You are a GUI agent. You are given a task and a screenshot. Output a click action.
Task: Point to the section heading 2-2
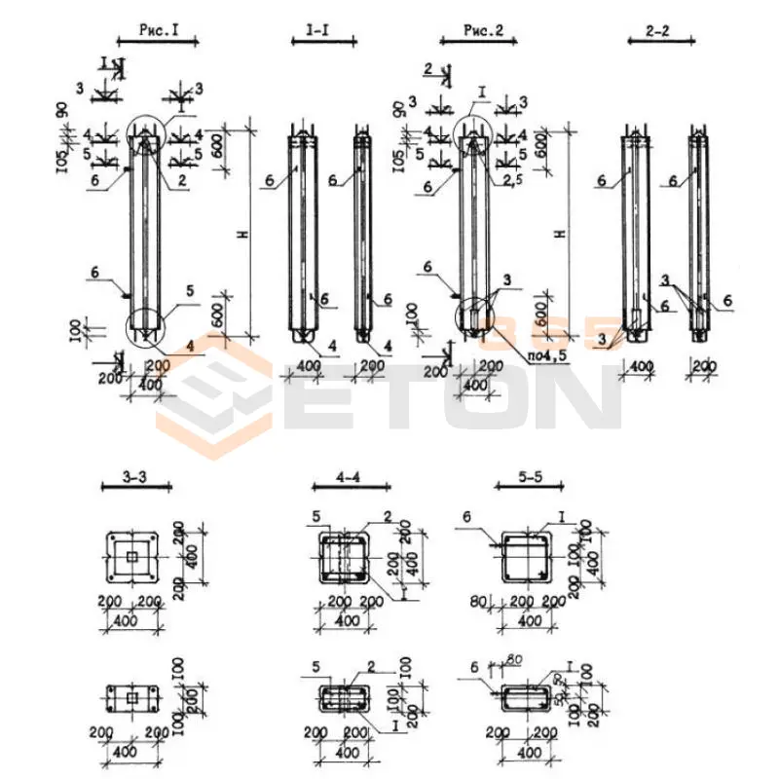[x=658, y=32]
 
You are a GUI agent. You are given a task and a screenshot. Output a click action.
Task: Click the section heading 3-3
[x=135, y=478]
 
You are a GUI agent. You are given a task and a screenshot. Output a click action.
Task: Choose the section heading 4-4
[x=350, y=478]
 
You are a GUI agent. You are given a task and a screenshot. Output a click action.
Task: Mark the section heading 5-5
[x=530, y=478]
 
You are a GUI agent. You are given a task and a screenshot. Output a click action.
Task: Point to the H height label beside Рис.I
[x=241, y=233]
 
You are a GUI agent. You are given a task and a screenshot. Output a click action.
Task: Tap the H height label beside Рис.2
[x=558, y=233]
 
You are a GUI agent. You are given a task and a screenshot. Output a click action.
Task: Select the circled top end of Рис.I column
[x=143, y=139]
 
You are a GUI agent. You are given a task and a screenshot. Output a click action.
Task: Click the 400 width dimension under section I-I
[x=310, y=365]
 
